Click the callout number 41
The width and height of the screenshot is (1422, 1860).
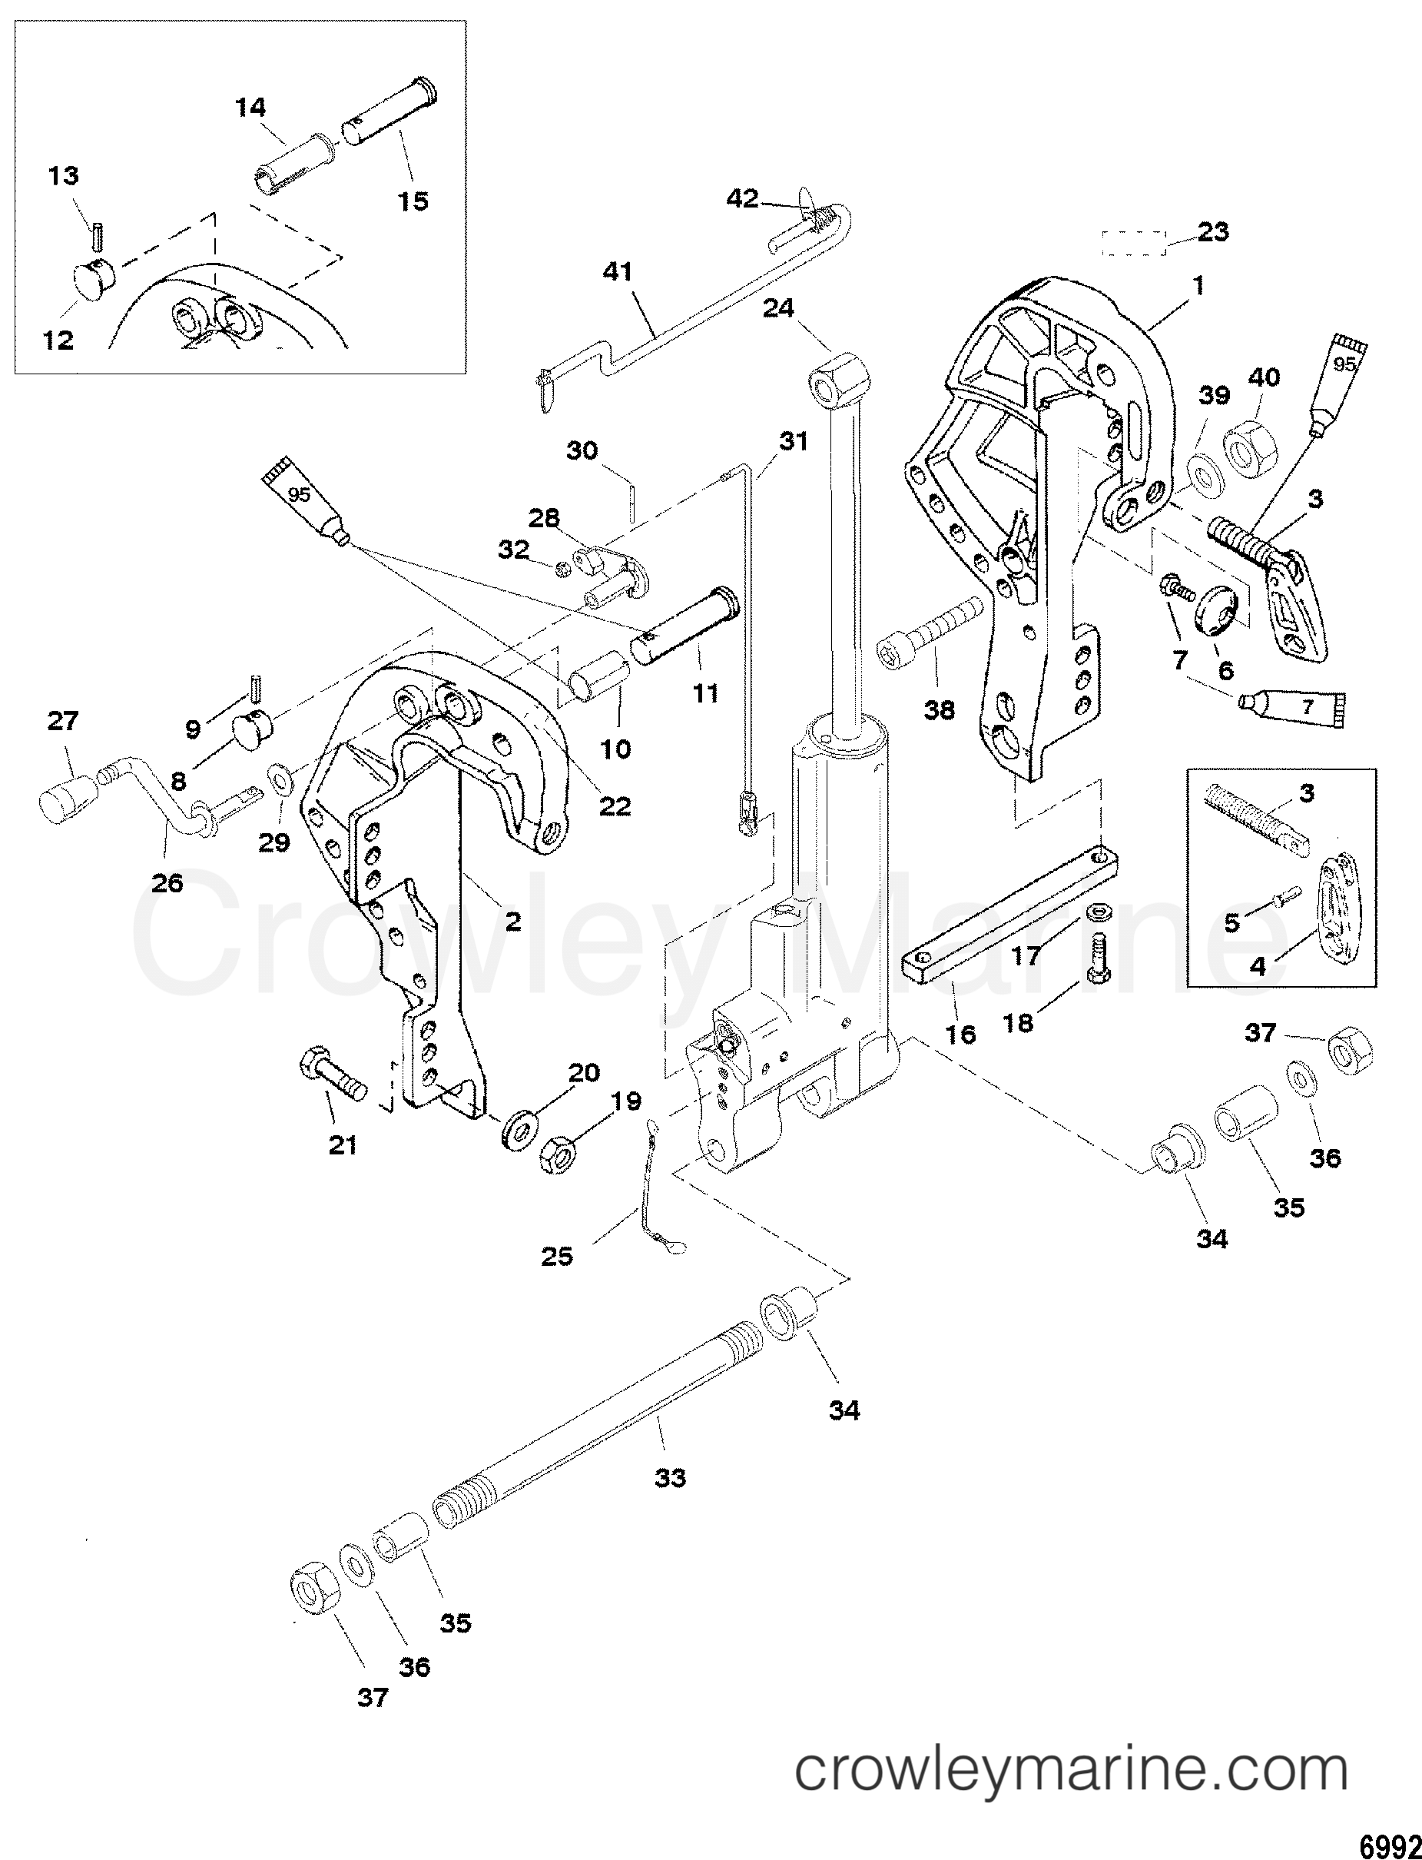pos(618,272)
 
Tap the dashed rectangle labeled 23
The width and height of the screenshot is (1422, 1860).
pos(1133,243)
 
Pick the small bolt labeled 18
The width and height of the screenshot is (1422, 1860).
pos(1100,958)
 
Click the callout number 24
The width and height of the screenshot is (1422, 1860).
pos(778,308)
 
